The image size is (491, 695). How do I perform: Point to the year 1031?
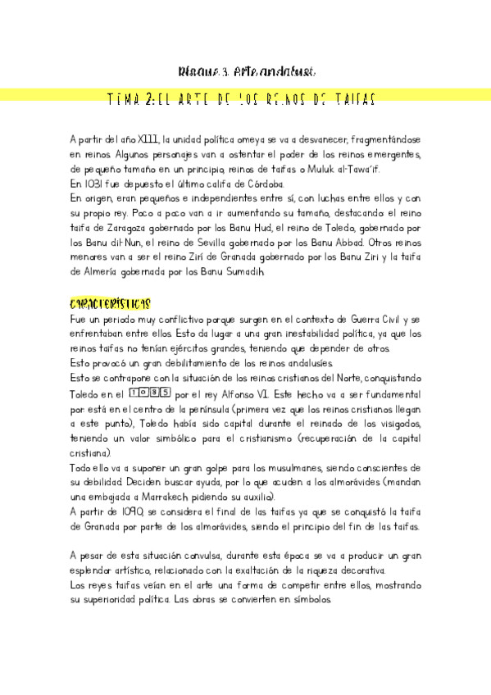91,184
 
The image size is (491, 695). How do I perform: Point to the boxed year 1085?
150,393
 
